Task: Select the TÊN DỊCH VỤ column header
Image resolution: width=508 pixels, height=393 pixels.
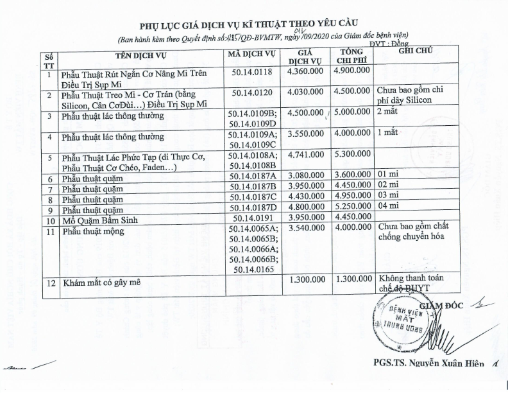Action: point(143,54)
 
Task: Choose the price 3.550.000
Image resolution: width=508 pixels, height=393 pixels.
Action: point(305,135)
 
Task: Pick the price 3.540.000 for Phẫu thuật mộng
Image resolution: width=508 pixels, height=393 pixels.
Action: point(305,229)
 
